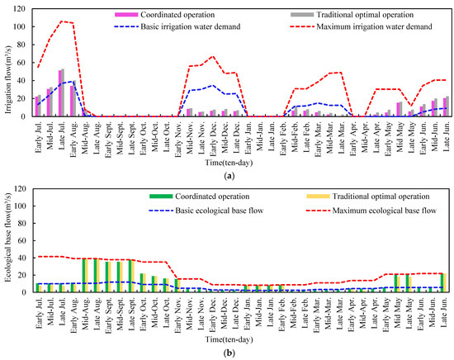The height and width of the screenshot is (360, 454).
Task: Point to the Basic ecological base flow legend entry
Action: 186,209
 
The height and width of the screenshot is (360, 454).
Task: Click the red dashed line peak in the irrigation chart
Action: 63,21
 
